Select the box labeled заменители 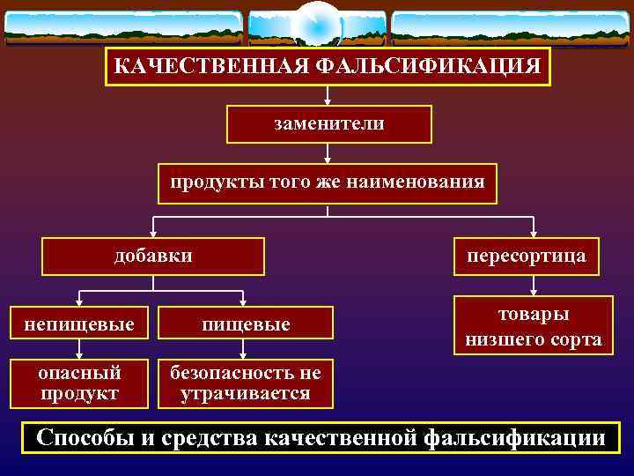pos(328,124)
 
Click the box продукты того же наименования pos(328,183)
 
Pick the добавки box pos(154,257)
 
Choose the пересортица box pos(526,257)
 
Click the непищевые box pos(79,324)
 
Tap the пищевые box pos(246,324)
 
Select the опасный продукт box pos(79,383)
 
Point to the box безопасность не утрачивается pos(246,383)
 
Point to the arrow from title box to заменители pos(328,95)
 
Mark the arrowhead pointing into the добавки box pos(154,234)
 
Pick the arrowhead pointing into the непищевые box pos(79,301)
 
